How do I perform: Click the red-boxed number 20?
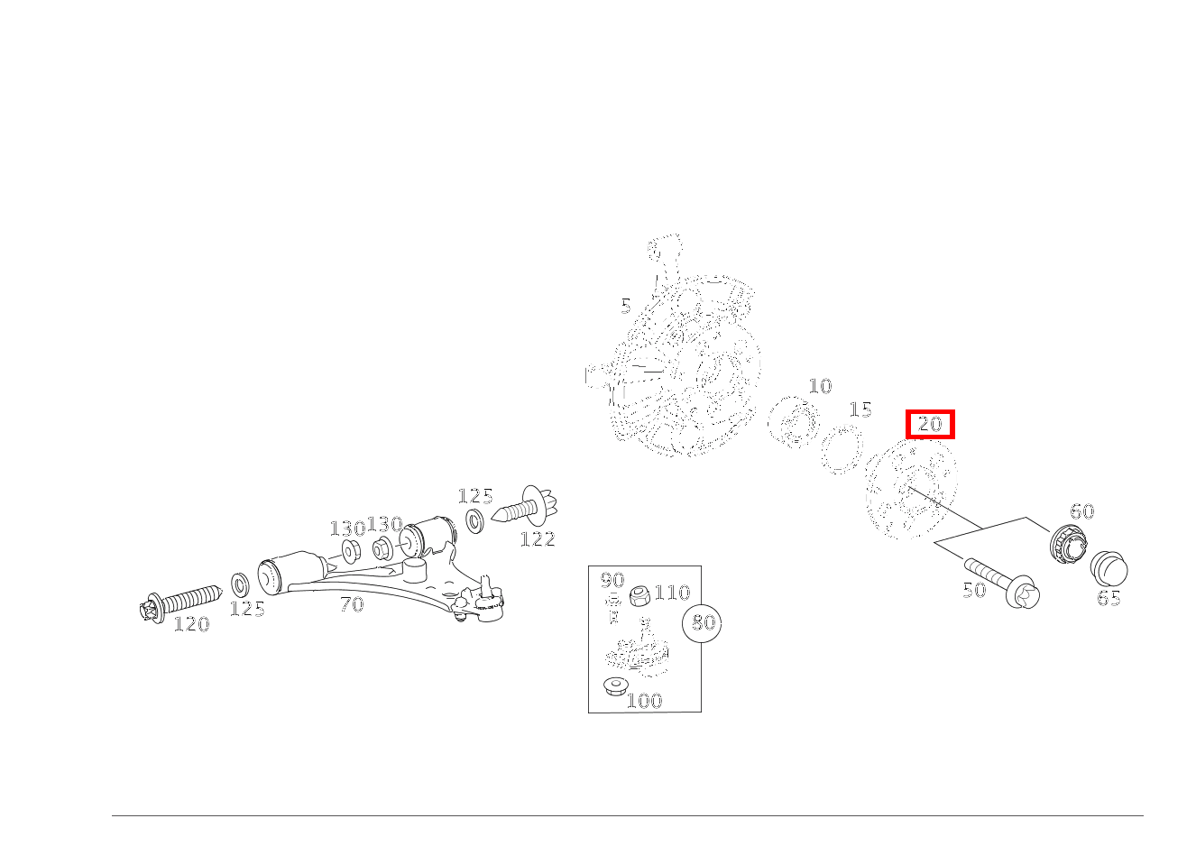coord(930,424)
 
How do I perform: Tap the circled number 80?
coord(703,623)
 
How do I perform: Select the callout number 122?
coord(538,539)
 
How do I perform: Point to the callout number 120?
coord(192,624)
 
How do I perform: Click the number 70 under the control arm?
coord(353,605)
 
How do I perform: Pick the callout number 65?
coord(1109,598)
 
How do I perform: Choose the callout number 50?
coord(974,590)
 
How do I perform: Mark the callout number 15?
coord(860,410)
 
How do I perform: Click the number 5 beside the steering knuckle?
coord(626,307)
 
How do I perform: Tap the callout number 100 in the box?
coord(645,701)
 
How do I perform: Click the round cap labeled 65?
coord(1109,569)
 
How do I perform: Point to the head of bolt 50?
coord(1022,592)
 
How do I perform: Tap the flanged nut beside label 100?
coord(616,685)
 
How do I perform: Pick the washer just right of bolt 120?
coord(240,585)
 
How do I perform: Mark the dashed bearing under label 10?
coord(794,421)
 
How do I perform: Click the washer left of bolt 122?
coord(474,521)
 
